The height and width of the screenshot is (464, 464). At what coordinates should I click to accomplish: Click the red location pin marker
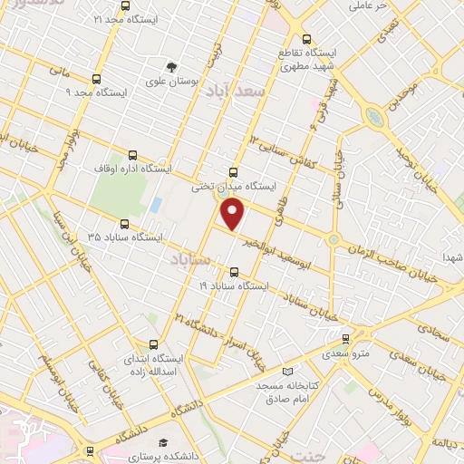coord(234,214)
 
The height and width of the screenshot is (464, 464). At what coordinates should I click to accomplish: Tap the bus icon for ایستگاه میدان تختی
coord(234,172)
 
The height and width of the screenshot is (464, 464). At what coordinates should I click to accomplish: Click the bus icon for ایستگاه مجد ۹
coord(97,79)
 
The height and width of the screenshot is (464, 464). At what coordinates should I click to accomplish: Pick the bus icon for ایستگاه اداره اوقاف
coord(132,154)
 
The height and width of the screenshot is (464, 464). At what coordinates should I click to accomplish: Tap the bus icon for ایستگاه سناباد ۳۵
coord(124,223)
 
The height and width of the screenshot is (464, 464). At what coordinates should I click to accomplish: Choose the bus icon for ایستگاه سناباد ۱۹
coord(235,271)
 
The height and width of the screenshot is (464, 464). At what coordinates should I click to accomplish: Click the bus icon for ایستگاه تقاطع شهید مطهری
coord(307,39)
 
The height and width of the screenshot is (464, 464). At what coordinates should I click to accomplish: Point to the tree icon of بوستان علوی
coord(169,66)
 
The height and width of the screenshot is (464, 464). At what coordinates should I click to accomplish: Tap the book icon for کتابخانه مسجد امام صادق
coord(288,372)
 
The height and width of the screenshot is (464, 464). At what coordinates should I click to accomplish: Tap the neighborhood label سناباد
coord(189,260)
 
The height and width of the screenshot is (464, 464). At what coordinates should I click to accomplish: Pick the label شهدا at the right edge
coord(453,258)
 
